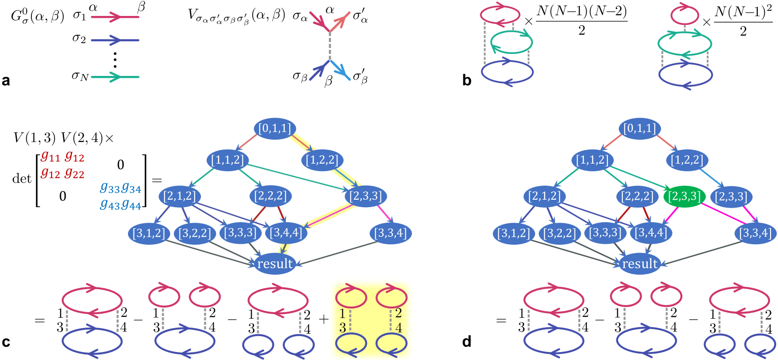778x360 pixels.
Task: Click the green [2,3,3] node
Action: point(684,196)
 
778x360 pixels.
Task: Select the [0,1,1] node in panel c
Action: point(275,128)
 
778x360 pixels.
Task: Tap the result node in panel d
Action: point(640,264)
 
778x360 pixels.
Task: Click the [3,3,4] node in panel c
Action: point(390,233)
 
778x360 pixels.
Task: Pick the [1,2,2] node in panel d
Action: point(687,160)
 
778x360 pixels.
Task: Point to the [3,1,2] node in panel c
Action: point(149,233)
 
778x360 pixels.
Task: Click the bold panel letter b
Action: point(466,81)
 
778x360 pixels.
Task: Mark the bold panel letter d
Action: point(466,342)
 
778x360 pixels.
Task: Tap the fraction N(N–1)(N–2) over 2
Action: point(582,20)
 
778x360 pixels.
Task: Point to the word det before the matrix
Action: point(22,179)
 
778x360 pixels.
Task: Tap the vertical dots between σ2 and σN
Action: point(115,60)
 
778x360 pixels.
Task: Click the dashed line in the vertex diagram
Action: point(330,45)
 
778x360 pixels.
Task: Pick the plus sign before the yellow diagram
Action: point(324,319)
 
